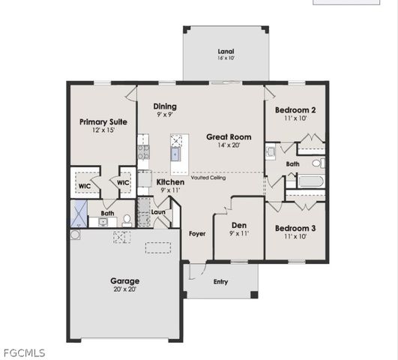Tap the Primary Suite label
coord(103,121)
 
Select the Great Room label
coord(229,137)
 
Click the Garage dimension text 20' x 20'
coord(124,289)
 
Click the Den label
coord(238,225)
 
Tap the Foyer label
coord(197,233)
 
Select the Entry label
coord(220,282)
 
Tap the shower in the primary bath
coord(78,215)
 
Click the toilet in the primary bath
coord(127,220)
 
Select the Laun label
coord(158,212)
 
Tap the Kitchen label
coord(171,182)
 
